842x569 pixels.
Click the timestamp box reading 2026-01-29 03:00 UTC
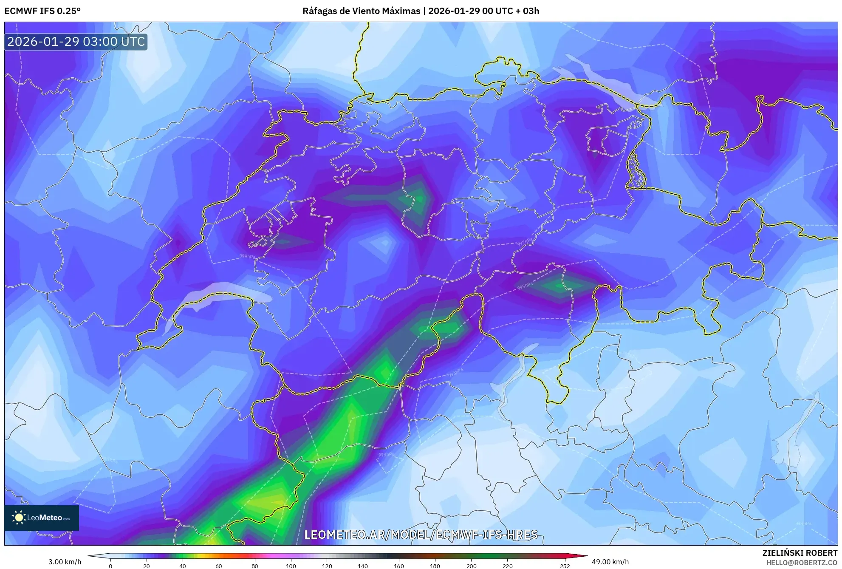tap(76, 42)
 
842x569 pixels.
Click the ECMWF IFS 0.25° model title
tap(42, 11)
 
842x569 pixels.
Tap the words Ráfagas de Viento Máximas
tap(361, 11)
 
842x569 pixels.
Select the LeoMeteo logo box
tap(42, 518)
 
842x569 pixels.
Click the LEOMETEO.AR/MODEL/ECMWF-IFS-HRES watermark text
tap(421, 535)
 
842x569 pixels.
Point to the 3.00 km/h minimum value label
tap(65, 562)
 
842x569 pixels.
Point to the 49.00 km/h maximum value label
tap(610, 562)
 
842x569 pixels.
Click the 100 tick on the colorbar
tap(291, 566)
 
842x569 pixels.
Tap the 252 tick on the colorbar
tap(565, 566)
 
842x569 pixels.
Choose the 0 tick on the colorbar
tap(110, 566)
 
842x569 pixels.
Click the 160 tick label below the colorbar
tap(399, 566)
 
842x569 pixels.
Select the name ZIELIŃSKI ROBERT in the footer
tap(800, 553)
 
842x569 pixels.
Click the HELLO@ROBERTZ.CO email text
tap(802, 563)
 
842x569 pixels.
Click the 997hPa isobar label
tap(525, 242)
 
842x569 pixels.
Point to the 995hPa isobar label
tap(525, 286)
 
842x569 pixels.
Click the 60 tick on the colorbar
tap(218, 566)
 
